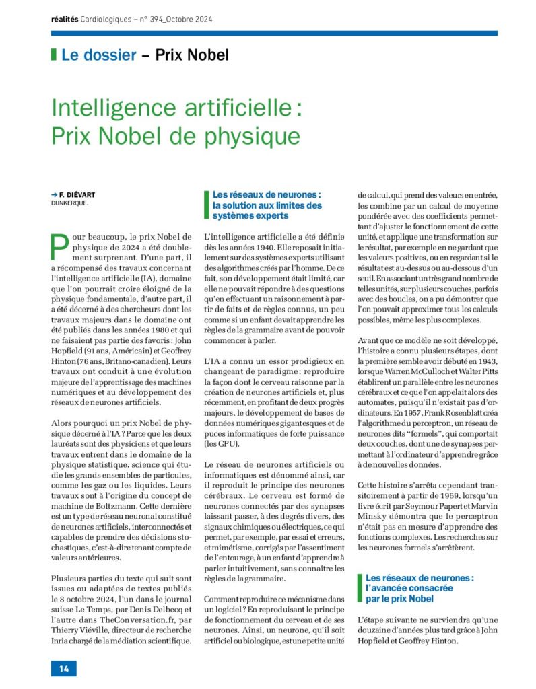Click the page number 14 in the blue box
pyautogui.click(x=64, y=668)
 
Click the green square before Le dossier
pyautogui.click(x=53, y=55)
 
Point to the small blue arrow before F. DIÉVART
pyautogui.click(x=54, y=194)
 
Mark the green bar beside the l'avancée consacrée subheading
pyautogui.click(x=360, y=588)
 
